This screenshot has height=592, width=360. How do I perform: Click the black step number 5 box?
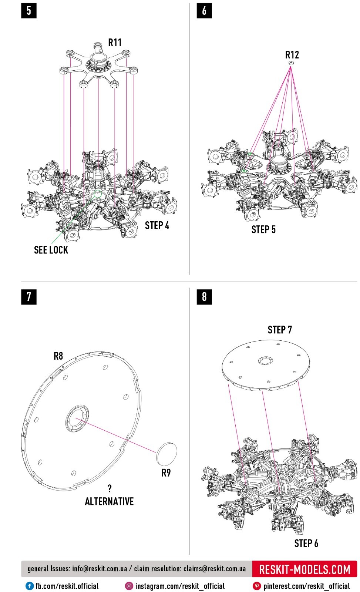(x=29, y=11)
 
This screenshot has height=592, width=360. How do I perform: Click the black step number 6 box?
(x=204, y=11)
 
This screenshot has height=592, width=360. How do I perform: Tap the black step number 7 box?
(x=29, y=296)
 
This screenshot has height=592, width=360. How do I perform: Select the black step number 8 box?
(x=204, y=296)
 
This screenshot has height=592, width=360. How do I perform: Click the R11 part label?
(x=115, y=43)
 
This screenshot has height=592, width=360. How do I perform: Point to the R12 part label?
(x=292, y=55)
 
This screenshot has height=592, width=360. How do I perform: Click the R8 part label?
(x=58, y=356)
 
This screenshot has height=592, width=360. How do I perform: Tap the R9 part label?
(x=166, y=473)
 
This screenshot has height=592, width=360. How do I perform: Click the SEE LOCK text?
(x=51, y=250)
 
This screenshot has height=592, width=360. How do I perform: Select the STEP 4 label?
(x=157, y=225)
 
